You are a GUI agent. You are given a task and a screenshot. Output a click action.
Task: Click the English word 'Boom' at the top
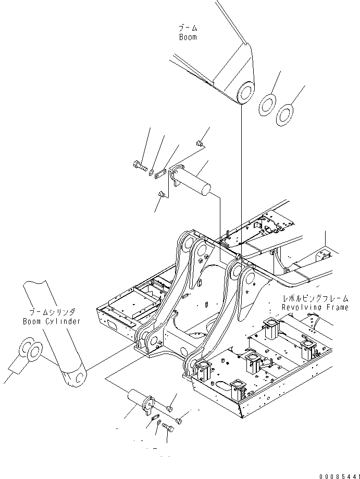(188, 37)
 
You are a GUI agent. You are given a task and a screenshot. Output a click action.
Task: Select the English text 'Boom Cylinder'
(52, 321)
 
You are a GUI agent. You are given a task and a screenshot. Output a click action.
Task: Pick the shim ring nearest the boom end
(267, 103)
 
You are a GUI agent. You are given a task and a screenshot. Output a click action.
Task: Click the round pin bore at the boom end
(244, 94)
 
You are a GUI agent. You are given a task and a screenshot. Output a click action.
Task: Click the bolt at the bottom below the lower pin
(167, 428)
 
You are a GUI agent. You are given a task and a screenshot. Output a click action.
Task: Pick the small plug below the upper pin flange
(161, 194)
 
